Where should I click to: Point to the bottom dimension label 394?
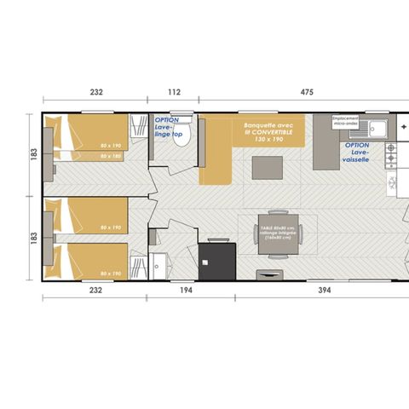coord(303,291)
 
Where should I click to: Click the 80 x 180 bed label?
coord(110,157)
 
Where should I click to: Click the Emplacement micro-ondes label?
coord(346,121)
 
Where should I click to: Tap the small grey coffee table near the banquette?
coord(263,170)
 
